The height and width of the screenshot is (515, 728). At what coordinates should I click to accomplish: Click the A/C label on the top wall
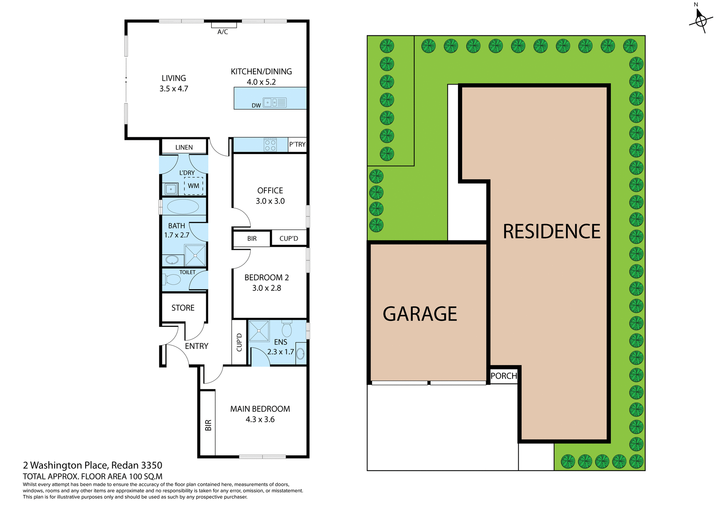[223, 32]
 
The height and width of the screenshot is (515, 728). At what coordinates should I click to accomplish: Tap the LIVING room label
[174, 78]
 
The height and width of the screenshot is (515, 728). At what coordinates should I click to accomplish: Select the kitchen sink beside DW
[275, 102]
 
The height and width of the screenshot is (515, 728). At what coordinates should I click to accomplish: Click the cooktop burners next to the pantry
[270, 145]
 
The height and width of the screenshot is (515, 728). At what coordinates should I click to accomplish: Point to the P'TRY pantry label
[297, 144]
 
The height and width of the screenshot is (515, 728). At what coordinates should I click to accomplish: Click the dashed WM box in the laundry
[193, 186]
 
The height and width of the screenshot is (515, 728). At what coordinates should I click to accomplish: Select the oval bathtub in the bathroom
[183, 207]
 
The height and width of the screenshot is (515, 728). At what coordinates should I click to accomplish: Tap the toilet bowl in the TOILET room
[173, 279]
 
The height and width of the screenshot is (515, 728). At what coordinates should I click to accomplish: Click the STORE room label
[183, 308]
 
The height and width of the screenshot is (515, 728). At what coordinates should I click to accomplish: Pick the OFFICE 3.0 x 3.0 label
[270, 196]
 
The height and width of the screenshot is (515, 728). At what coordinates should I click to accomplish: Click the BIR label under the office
[252, 239]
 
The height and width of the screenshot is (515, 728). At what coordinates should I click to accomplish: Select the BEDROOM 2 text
[267, 278]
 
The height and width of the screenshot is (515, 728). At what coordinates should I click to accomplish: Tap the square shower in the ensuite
[259, 331]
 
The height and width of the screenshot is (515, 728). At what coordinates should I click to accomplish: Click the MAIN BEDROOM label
[260, 409]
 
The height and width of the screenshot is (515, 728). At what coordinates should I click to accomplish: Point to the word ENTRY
[196, 346]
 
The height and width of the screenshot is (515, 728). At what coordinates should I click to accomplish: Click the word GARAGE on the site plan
[420, 314]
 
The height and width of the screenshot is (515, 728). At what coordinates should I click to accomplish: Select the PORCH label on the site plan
[504, 376]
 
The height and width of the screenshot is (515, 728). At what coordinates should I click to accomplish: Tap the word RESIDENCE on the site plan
[551, 231]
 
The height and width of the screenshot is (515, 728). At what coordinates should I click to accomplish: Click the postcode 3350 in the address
[152, 465]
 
